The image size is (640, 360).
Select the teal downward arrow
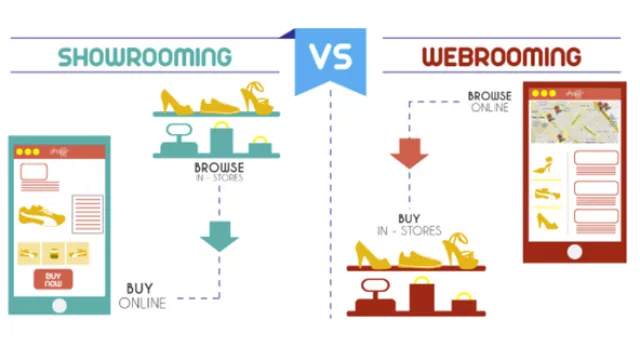pyautogui.click(x=219, y=235)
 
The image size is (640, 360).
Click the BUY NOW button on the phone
pyautogui.click(x=53, y=279)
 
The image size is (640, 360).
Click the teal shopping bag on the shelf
pyautogui.click(x=220, y=139)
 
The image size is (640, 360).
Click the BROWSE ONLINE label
pyautogui.click(x=490, y=103)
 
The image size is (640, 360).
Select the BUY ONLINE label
pyautogui.click(x=143, y=296)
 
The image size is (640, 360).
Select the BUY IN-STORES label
pyautogui.click(x=408, y=224)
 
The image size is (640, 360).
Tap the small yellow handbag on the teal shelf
pyautogui.click(x=259, y=147)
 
